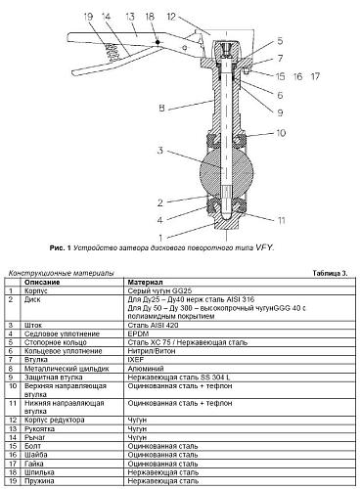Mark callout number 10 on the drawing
click(x=280, y=132)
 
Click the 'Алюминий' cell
click(x=147, y=368)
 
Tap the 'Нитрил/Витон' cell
click(x=152, y=349)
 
